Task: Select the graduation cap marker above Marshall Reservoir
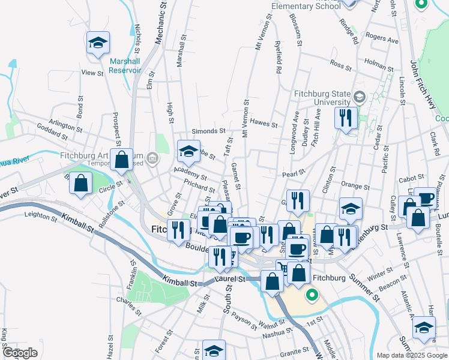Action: pos(98,43)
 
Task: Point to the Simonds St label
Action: pos(208,131)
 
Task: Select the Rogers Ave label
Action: pos(382,38)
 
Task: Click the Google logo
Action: pos(20,353)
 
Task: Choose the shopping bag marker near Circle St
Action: pos(80,183)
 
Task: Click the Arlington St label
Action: pos(65,125)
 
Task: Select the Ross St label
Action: pos(340,65)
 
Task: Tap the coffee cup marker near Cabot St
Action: pos(426,199)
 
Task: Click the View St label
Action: pos(92,73)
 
